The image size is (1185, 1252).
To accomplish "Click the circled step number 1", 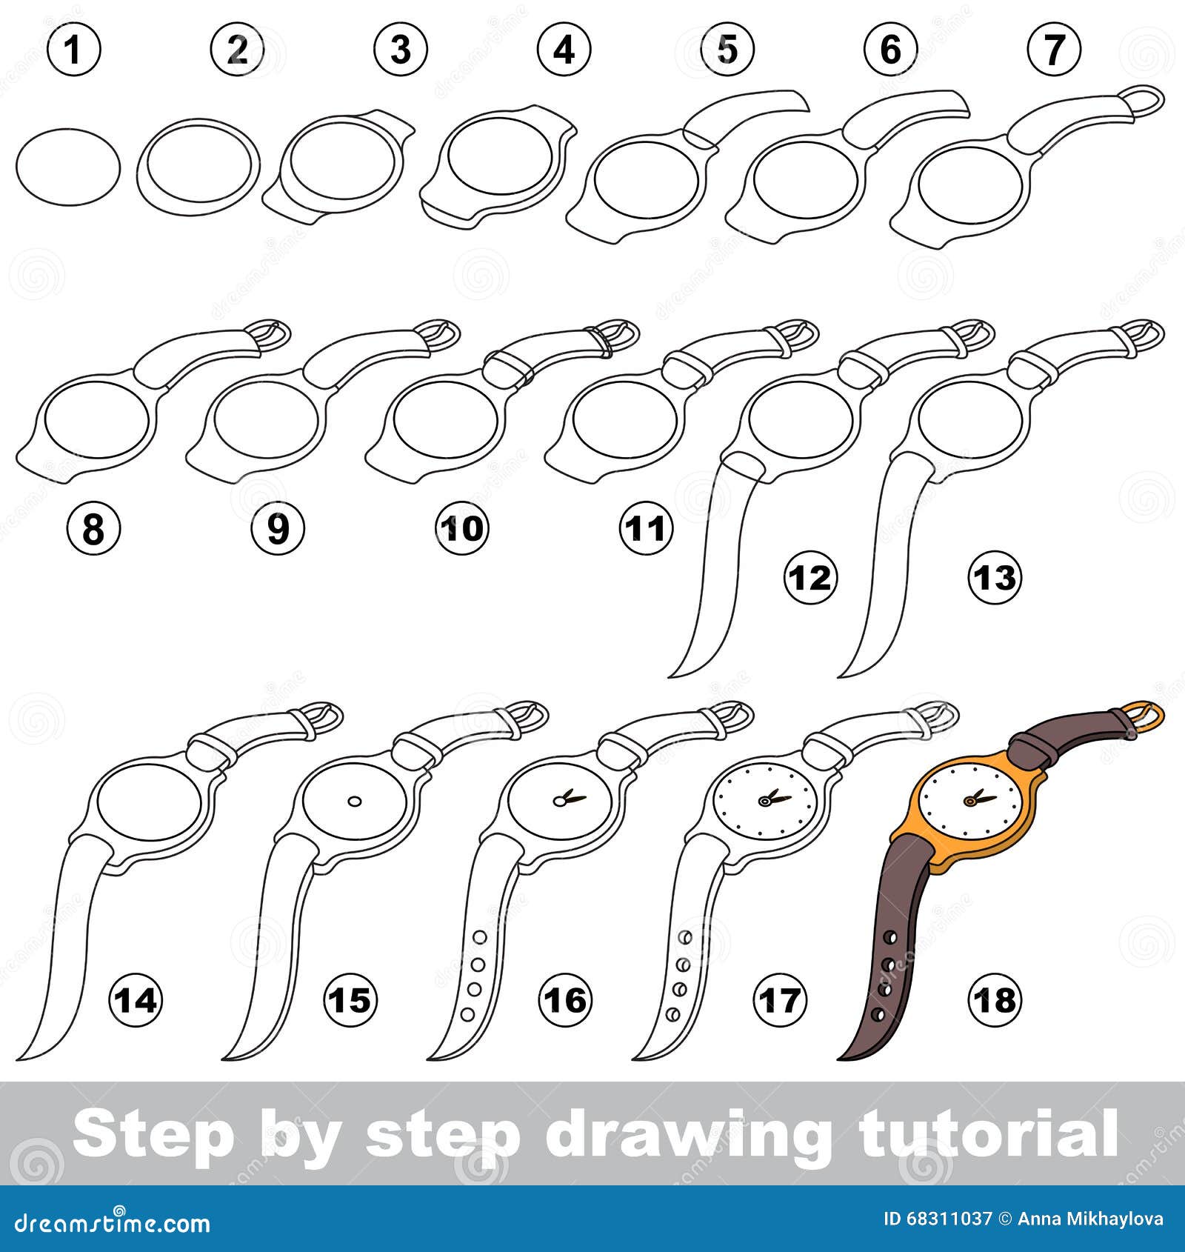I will (73, 50).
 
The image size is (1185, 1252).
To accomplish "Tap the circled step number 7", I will (1054, 50).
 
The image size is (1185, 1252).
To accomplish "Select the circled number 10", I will (462, 529).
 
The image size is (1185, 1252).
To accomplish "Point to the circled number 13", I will (995, 578).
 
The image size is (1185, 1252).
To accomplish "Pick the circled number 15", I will (350, 1001).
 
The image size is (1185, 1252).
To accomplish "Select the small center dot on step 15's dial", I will (355, 801).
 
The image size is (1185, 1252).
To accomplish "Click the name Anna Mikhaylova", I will (1090, 1219).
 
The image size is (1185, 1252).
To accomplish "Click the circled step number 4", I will (564, 50).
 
